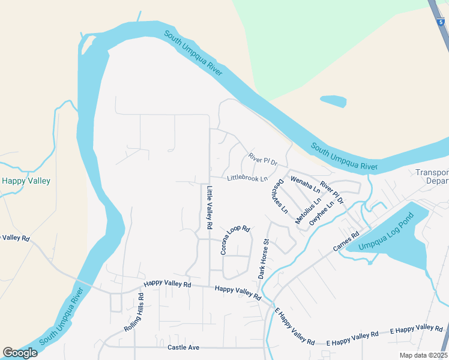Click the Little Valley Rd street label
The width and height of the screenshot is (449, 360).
(209, 208)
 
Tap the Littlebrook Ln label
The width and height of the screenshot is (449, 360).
(247, 178)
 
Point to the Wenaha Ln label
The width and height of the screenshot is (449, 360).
(305, 184)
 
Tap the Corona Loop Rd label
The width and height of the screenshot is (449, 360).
(235, 240)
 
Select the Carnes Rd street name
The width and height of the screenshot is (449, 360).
(346, 242)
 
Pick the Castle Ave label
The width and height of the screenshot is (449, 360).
(183, 347)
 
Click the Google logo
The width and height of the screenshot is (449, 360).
(20, 353)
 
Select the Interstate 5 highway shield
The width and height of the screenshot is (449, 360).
(442, 20)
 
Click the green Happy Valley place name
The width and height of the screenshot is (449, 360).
(26, 181)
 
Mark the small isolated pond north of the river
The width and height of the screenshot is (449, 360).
(333, 101)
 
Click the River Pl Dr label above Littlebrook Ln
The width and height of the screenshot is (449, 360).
(262, 159)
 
